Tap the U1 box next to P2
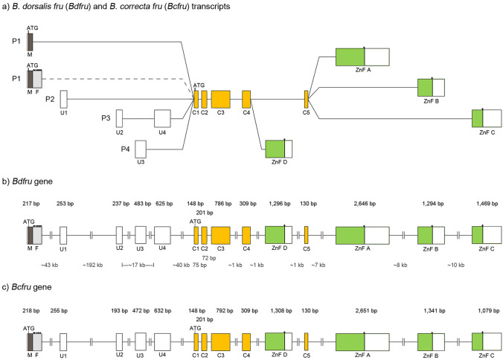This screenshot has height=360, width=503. tap(64, 99)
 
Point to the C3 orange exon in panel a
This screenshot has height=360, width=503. tap(221, 99)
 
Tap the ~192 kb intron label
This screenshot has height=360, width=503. tap(93, 265)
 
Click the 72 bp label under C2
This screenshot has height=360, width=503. tap(209, 257)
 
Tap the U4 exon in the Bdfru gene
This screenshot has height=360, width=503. tap(162, 234)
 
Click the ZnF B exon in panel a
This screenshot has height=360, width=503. tap(430, 88)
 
